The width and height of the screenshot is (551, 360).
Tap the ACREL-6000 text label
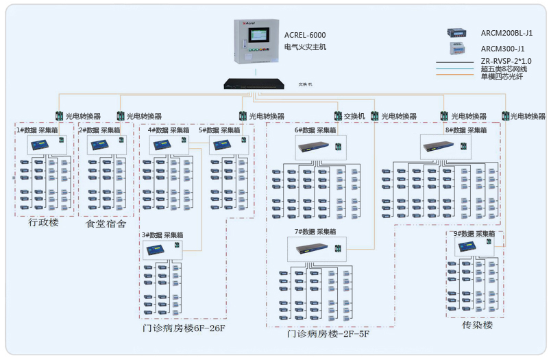[x=305, y=35]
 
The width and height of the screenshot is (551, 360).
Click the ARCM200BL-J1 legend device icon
[x=457, y=32]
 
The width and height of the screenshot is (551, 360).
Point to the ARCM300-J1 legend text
[x=502, y=49]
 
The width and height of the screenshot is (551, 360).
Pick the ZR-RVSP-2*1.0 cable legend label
[x=506, y=61]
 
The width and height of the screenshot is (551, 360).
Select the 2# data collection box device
[x=101, y=144]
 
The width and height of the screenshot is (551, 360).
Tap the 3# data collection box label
[x=162, y=235]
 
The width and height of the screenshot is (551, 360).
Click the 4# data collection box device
[x=162, y=145]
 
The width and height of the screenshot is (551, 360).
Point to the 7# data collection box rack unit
[x=313, y=248]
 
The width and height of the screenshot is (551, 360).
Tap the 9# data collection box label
[x=474, y=234]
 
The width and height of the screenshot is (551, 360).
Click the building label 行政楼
[x=44, y=223]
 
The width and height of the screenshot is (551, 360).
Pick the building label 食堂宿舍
[x=106, y=224]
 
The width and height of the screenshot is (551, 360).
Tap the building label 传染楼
[x=477, y=325]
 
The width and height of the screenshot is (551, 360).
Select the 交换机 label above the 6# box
[x=354, y=117]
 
